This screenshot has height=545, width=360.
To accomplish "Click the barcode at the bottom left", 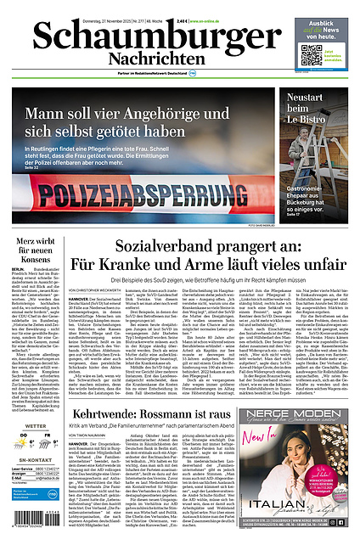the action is (x=33, y=522).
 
